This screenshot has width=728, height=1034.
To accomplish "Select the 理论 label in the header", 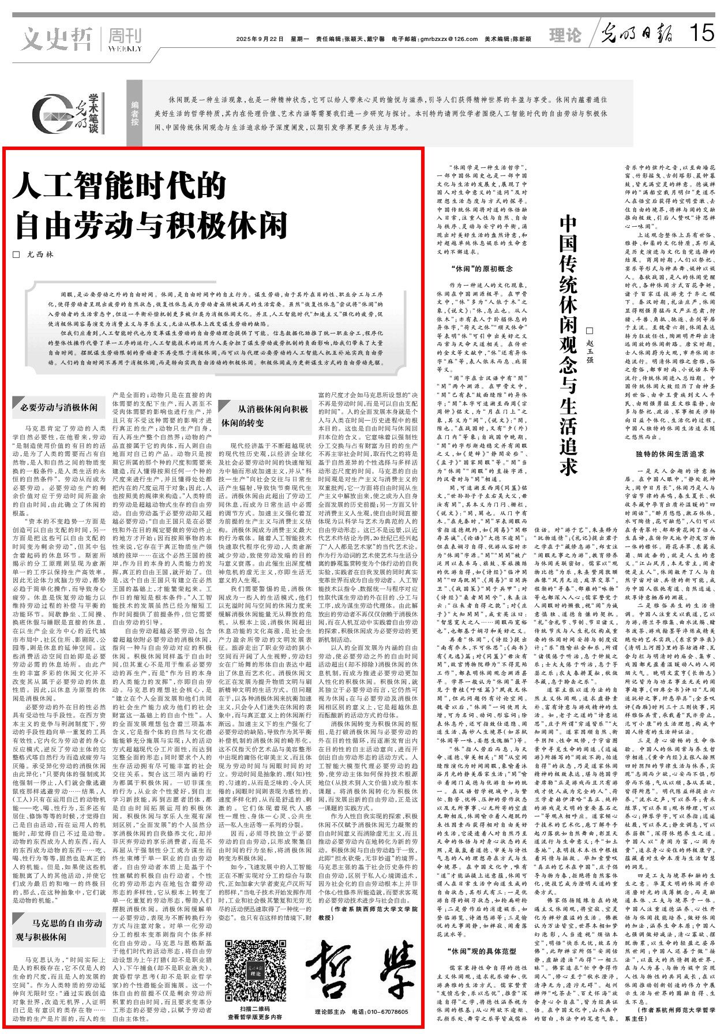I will point(565,36).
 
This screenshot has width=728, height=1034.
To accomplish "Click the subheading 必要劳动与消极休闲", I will point(59,407).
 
